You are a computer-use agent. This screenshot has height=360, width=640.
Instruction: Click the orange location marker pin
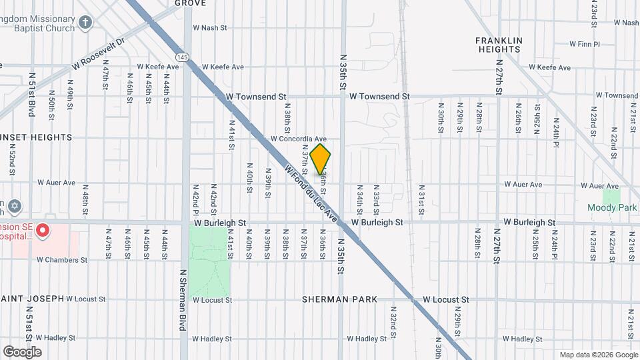click(x=321, y=159)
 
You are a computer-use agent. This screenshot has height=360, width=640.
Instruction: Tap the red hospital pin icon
click(x=42, y=231)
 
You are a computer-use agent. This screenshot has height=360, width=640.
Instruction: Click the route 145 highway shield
click(x=181, y=57)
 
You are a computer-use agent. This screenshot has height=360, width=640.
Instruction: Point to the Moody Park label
click(x=612, y=207)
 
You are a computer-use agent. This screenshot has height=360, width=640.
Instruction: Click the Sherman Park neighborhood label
click(x=340, y=299)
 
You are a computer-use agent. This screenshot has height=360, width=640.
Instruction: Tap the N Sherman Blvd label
click(x=182, y=300)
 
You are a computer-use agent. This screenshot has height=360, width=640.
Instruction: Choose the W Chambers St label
click(x=62, y=259)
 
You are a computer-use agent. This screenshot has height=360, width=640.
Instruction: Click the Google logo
click(x=22, y=351)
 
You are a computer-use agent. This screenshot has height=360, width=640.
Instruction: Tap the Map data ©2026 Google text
click(x=598, y=355)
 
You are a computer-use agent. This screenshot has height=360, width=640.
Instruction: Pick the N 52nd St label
click(x=12, y=163)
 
